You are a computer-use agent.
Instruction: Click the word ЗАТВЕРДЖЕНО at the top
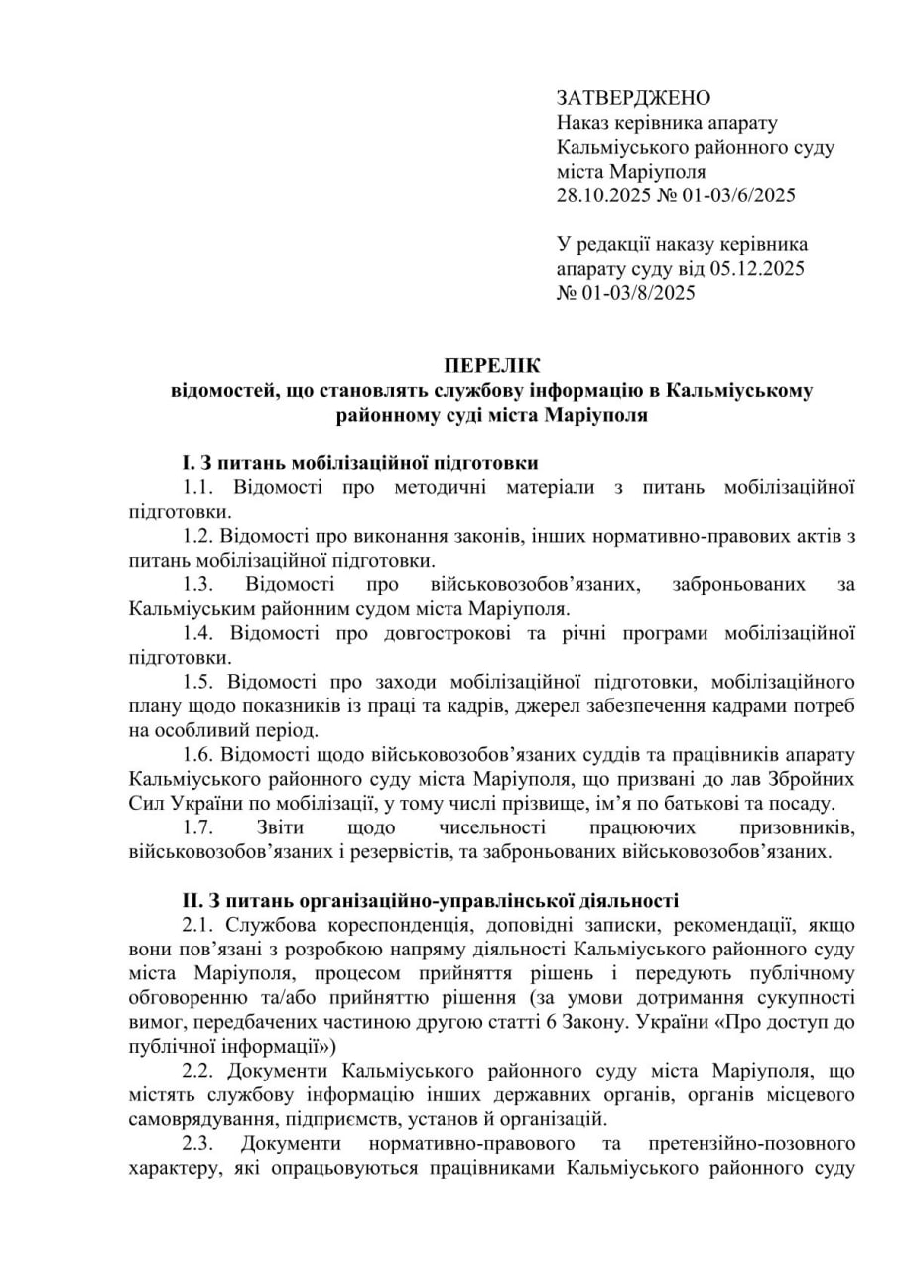click(634, 98)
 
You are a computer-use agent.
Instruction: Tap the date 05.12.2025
click(758, 269)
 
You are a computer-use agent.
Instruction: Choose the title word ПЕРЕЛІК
click(492, 366)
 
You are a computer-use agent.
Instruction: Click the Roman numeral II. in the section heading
click(192, 901)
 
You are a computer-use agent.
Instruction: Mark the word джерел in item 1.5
click(584, 705)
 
